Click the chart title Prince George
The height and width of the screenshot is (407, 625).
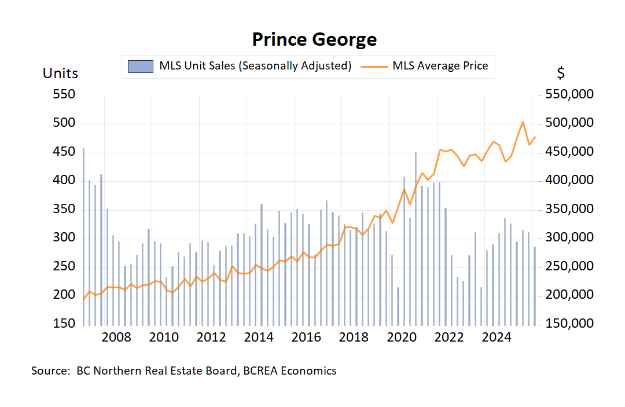[314, 39]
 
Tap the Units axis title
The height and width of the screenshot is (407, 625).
[60, 74]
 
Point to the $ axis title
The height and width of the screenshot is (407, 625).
[561, 74]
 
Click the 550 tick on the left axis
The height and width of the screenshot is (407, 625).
[64, 94]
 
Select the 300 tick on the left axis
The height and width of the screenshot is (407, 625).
[64, 237]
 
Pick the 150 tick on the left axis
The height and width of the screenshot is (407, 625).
[64, 323]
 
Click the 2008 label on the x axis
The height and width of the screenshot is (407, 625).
[116, 338]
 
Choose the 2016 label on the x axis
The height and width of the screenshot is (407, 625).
[306, 338]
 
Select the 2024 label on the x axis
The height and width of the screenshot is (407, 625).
[496, 338]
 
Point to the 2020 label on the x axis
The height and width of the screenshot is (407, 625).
[401, 338]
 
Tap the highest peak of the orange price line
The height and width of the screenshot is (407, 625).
[523, 122]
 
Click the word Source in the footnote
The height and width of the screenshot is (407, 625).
[50, 371]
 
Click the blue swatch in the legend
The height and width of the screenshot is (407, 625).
[141, 66]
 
